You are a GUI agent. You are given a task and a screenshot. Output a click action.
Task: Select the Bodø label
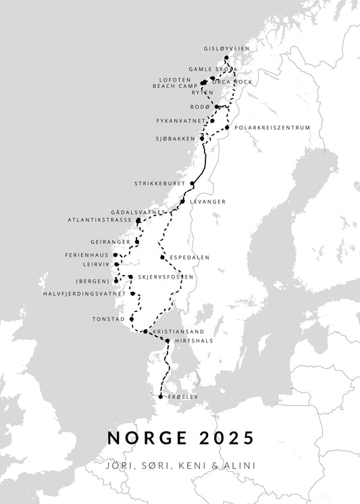pos(201,107)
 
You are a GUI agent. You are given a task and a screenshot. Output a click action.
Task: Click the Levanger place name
pos(207,201)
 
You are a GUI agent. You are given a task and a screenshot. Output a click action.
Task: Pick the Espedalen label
pos(190,257)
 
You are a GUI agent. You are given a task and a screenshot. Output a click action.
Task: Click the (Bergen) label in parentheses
pos(93,280)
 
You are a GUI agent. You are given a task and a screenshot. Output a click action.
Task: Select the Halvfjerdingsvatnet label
pos(84,294)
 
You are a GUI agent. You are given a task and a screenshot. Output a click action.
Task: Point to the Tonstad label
pos(109,319)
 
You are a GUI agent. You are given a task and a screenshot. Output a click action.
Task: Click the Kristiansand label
pos(179,332)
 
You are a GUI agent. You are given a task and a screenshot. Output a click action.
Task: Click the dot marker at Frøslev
pos(160,397)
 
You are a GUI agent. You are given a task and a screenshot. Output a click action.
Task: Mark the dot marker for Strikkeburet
pos(192,183)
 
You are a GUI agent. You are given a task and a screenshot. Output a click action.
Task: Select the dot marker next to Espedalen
pos(162,257)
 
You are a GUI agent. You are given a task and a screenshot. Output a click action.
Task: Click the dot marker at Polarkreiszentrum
pos(228,127)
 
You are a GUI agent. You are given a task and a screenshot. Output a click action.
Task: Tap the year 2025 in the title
pos(228,438)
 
